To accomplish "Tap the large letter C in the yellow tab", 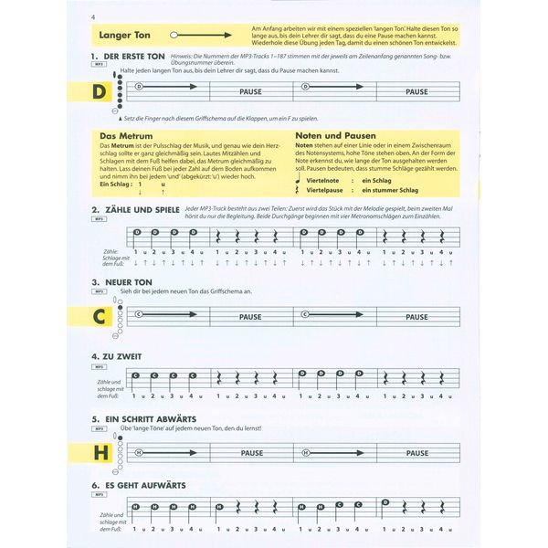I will (x=100, y=317).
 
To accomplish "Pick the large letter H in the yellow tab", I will (x=100, y=452).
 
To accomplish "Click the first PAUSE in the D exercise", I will (x=249, y=91).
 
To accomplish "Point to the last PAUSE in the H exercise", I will (x=416, y=452).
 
